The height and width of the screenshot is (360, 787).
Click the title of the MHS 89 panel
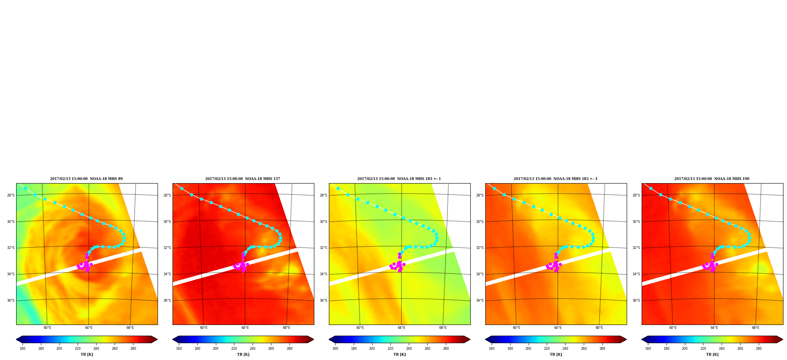(86, 179)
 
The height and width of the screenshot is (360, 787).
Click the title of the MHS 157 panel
(243, 179)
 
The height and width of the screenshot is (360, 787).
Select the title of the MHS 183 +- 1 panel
(399, 179)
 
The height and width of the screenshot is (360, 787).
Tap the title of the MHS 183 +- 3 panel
(555, 179)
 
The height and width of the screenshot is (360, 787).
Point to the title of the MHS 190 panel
(712, 179)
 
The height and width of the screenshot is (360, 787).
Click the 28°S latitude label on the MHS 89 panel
(11, 195)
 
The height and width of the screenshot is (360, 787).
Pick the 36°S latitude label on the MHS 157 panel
(167, 301)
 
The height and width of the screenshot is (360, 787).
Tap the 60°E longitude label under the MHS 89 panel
(47, 328)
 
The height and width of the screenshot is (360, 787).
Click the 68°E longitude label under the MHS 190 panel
(755, 328)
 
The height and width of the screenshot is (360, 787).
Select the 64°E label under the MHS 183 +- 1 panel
(401, 328)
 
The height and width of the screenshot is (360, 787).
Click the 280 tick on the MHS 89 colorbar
(133, 348)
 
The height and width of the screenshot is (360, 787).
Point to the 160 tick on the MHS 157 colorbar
(179, 348)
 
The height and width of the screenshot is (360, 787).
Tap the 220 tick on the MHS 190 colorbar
(703, 348)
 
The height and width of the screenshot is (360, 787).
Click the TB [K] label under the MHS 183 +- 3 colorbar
(556, 354)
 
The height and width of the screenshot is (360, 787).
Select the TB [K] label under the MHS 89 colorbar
(87, 354)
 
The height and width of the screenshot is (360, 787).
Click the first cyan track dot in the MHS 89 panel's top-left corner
(25, 189)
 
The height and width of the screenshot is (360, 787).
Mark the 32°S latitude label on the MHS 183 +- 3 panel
(480, 248)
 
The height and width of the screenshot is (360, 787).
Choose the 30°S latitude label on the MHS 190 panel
(636, 222)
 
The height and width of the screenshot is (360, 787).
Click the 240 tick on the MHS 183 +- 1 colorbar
(409, 348)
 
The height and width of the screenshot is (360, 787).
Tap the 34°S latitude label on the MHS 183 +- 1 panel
(323, 274)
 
